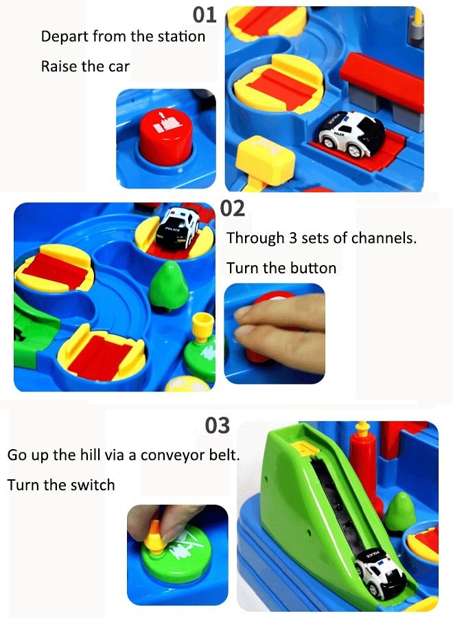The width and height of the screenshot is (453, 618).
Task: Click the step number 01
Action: pyautogui.click(x=205, y=14)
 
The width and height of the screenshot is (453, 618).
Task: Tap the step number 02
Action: pyautogui.click(x=233, y=209)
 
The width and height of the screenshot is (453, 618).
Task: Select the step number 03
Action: pyautogui.click(x=217, y=426)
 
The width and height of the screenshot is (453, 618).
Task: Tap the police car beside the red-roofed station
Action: pyautogui.click(x=351, y=133)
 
